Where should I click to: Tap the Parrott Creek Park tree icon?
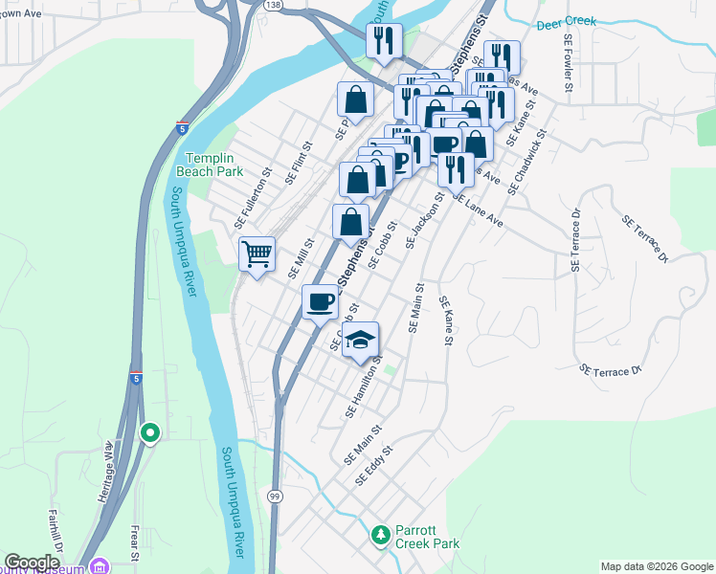point(381,533)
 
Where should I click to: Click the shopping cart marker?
point(257,254)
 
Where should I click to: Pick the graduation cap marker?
point(361,341)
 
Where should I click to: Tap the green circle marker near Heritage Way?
point(149,433)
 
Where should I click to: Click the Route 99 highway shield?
point(275,495)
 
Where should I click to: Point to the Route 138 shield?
point(274,5)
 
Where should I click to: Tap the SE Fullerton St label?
point(254,198)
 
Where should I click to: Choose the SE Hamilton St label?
point(364,386)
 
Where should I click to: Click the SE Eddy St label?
point(374,465)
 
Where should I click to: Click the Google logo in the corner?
point(31,563)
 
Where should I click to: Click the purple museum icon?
point(99,566)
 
